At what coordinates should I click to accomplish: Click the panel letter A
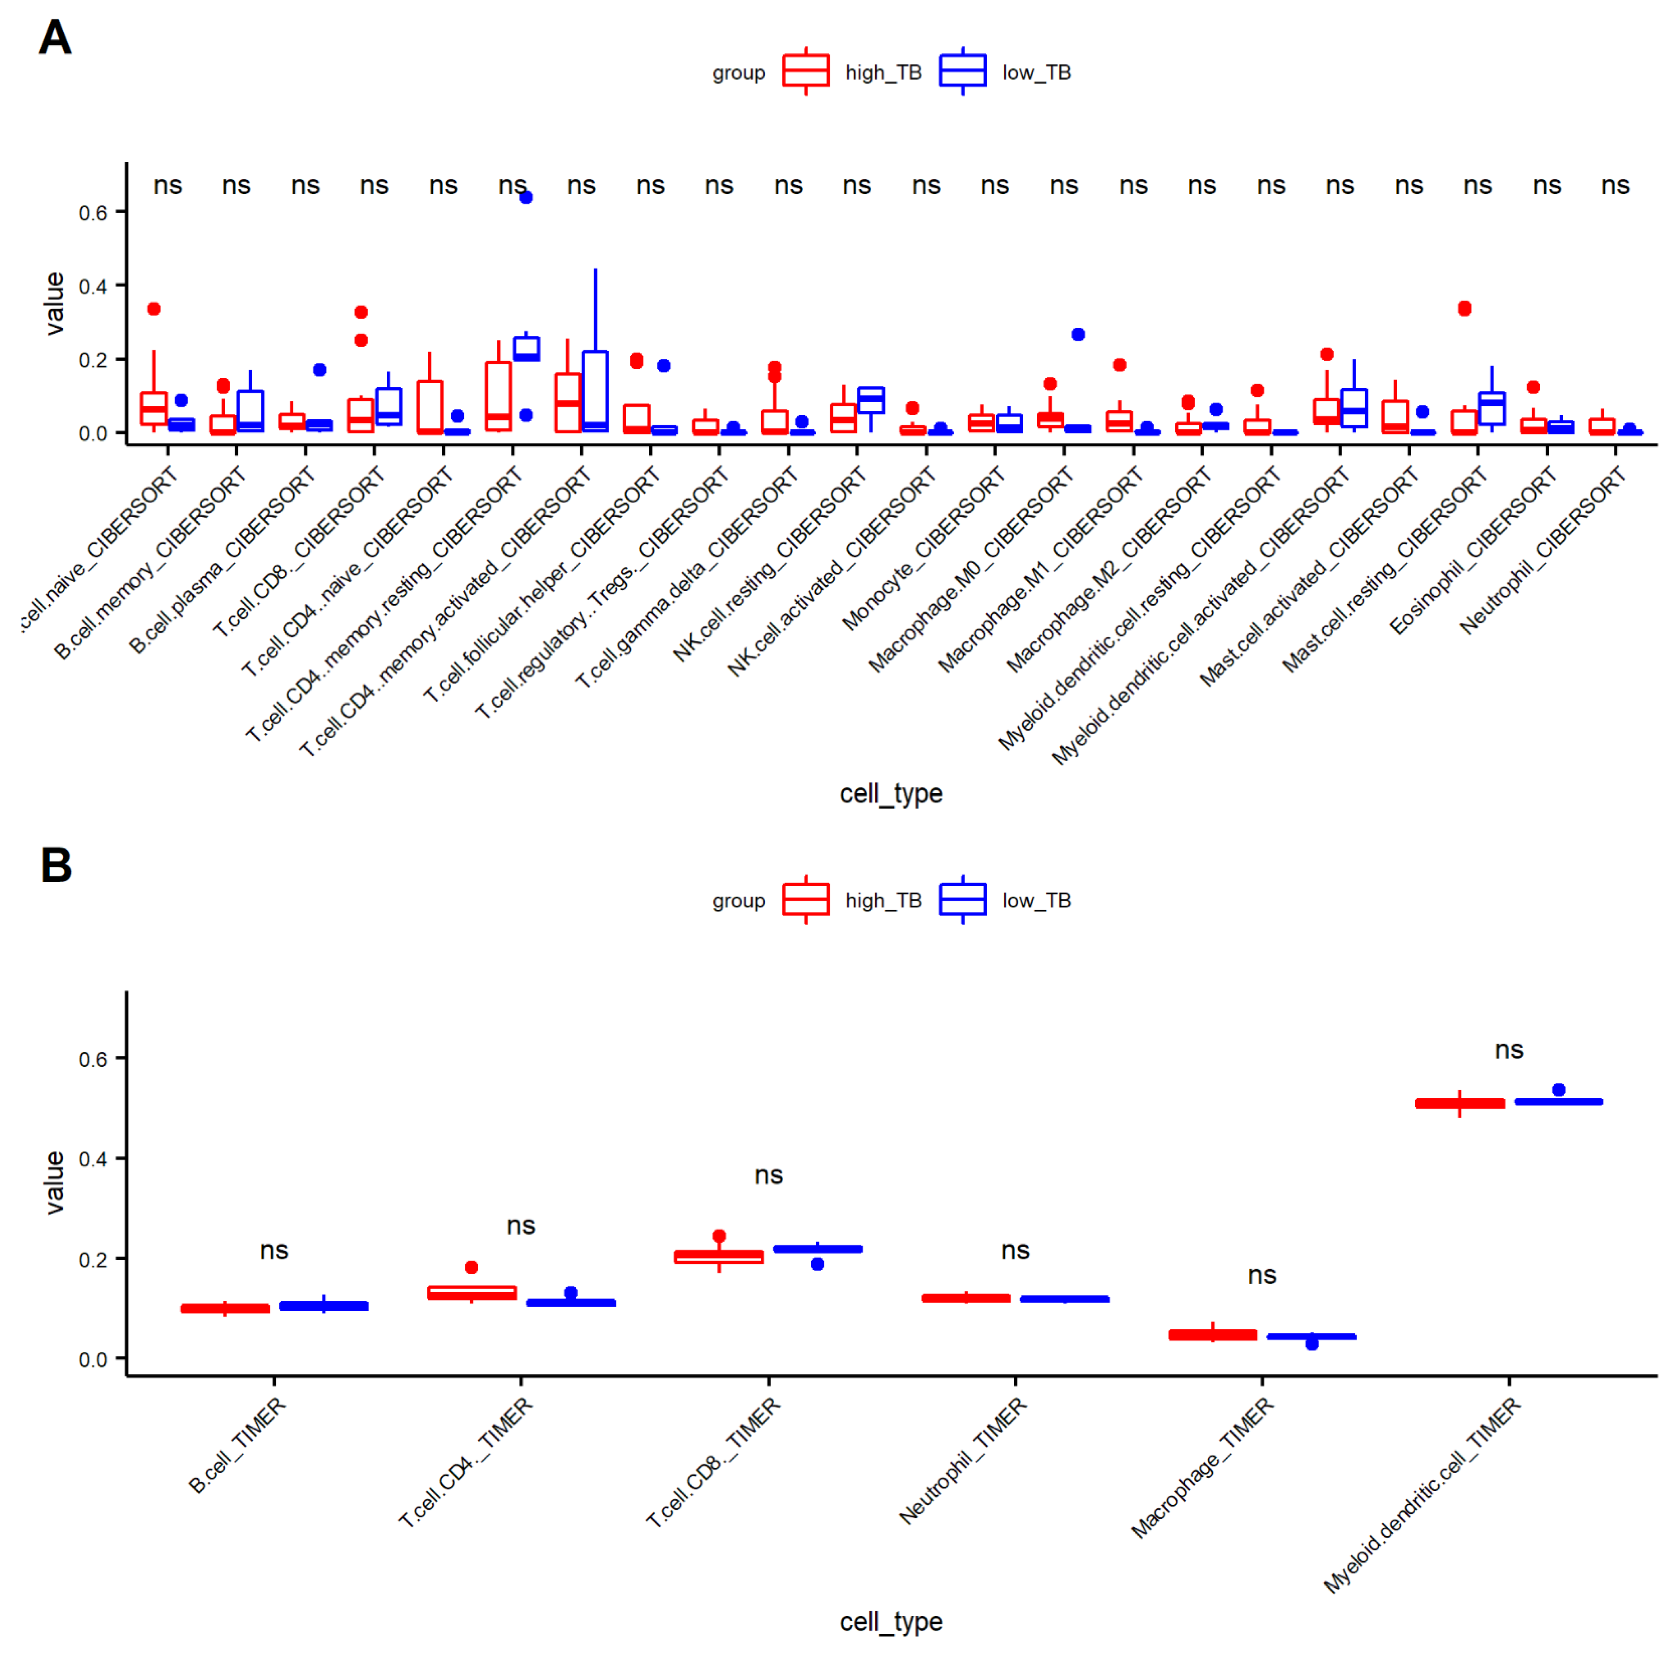[55, 38]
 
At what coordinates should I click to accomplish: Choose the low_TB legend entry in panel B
[1036, 901]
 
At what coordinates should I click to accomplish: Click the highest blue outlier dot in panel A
[526, 197]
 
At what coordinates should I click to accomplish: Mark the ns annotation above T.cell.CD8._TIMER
[768, 1175]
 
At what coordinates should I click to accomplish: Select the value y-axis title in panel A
[55, 303]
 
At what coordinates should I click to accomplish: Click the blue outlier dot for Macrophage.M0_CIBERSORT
[1078, 334]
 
